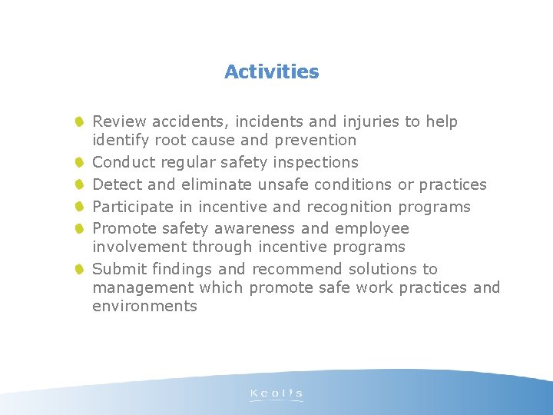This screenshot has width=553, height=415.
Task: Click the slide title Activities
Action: (271, 72)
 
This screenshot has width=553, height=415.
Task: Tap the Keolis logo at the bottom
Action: (276, 395)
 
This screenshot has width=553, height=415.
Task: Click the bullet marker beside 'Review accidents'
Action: (80, 121)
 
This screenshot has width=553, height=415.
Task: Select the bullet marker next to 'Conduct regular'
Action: (80, 162)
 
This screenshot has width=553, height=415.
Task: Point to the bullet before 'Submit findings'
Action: (80, 269)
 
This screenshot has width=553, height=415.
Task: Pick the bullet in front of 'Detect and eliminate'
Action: (80, 184)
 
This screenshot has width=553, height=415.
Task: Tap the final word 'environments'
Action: (144, 306)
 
